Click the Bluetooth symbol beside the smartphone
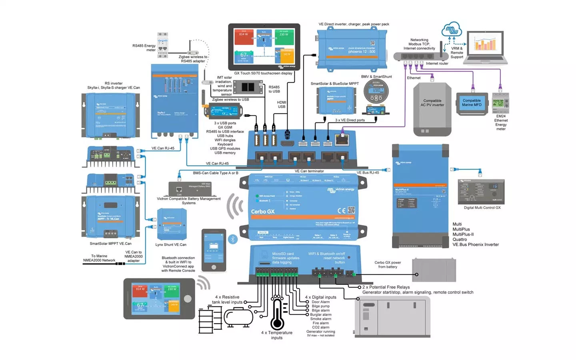tap(233, 239)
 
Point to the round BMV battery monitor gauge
tap(376, 92)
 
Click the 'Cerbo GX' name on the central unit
tap(263, 212)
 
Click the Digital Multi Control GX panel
tap(481, 192)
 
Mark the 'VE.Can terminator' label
tap(309, 171)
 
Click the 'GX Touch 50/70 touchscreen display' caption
tap(263, 73)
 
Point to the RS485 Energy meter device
tap(162, 45)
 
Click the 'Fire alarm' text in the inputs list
tap(321, 323)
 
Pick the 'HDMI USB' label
tap(282, 104)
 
